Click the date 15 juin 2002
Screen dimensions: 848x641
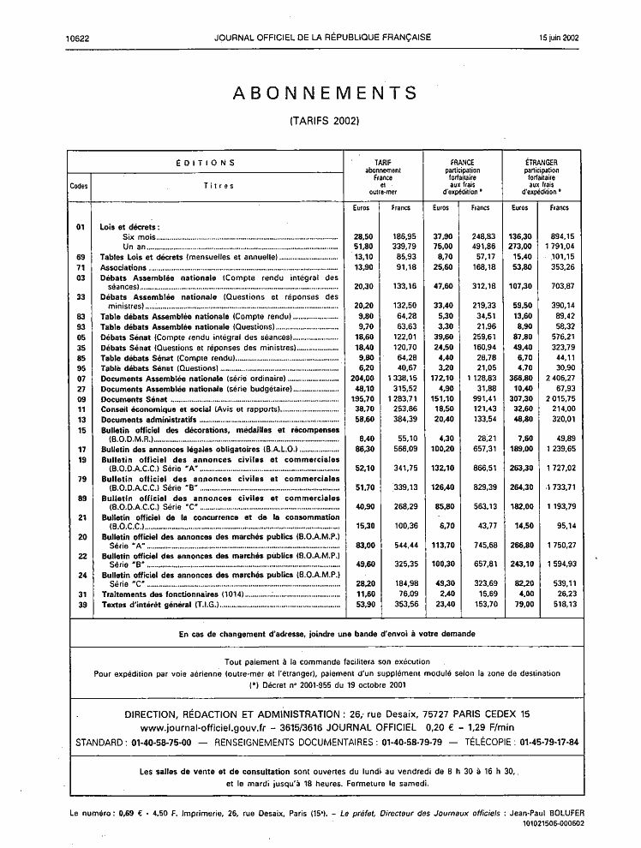560,38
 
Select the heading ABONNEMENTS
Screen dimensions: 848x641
325,93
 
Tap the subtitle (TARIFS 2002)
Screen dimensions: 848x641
325,121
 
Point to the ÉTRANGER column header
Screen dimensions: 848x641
542,162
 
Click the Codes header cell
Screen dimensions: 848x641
80,186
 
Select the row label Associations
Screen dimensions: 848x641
125,267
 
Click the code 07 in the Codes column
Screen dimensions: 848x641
80,378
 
